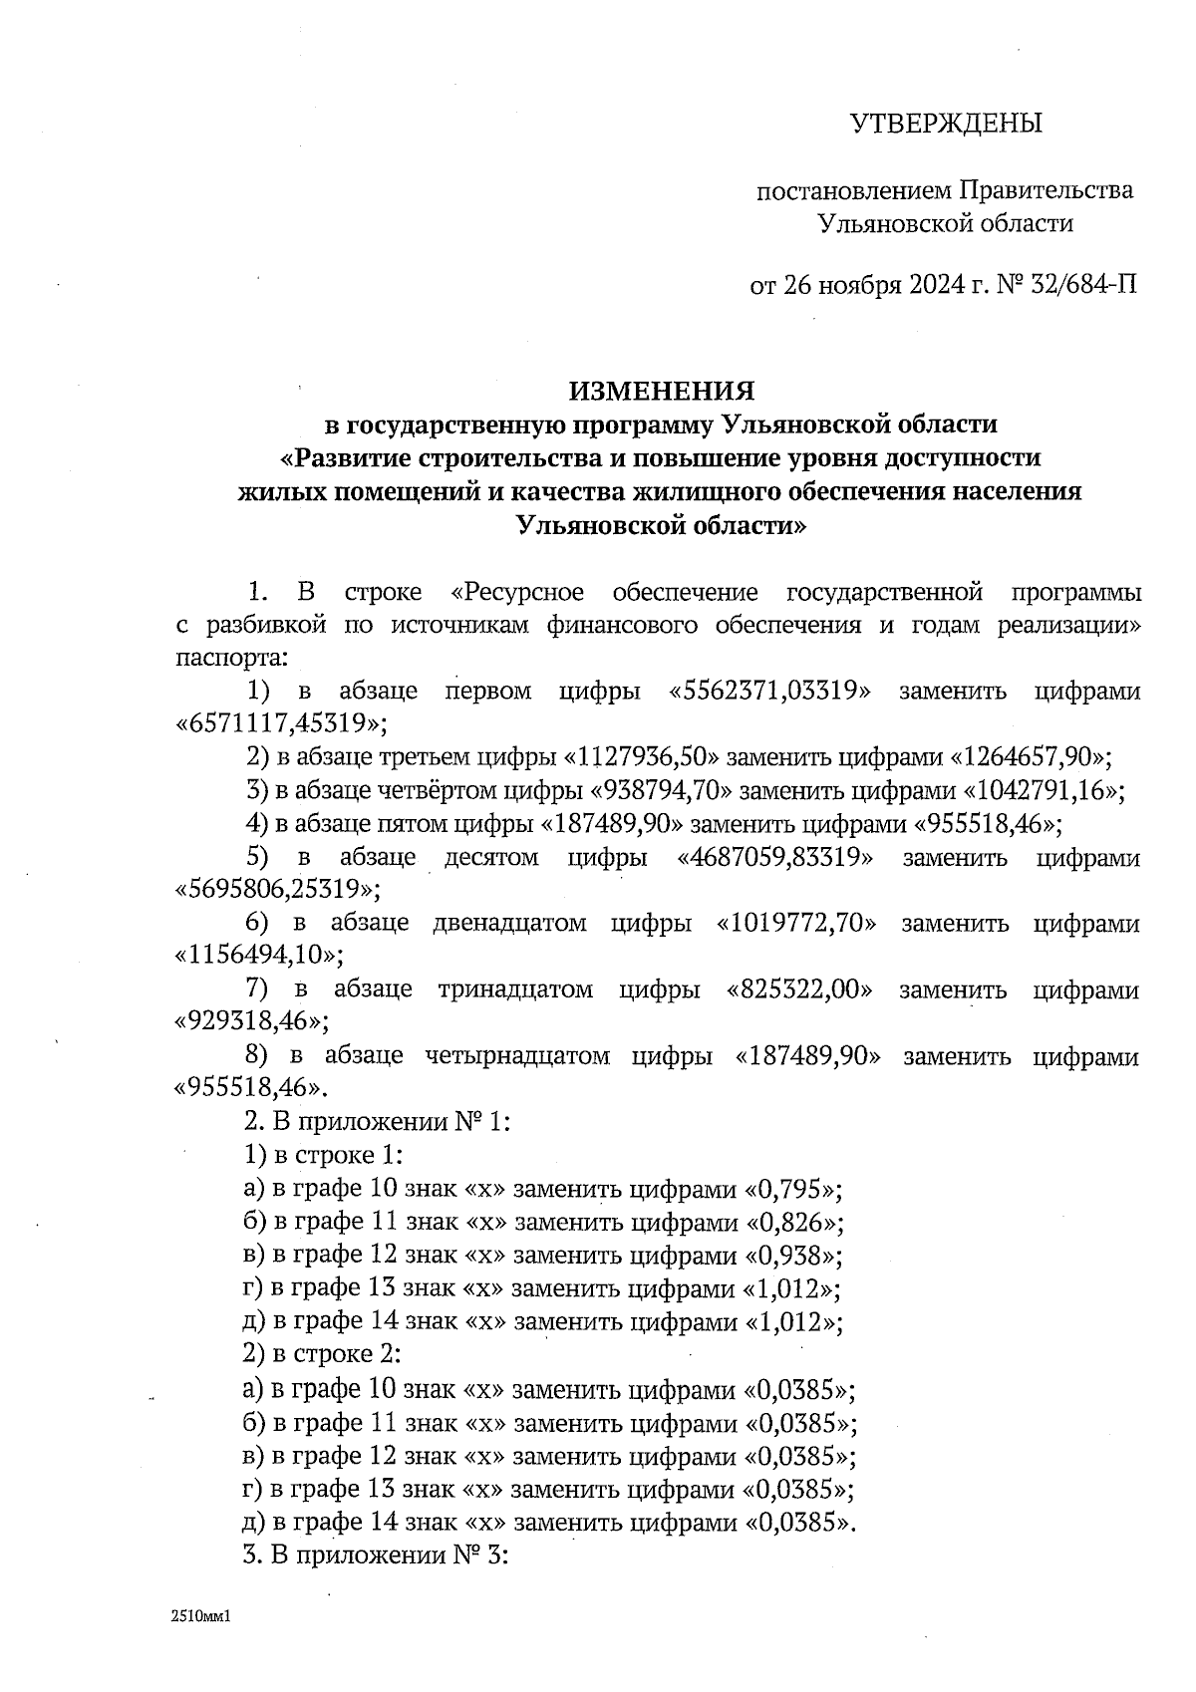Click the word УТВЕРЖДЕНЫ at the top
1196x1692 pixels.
945,124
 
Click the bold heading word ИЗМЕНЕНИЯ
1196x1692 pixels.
662,390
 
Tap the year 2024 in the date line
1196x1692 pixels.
936,286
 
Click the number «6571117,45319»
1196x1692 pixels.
281,722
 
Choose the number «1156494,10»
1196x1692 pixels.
258,956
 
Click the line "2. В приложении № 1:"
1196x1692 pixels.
377,1122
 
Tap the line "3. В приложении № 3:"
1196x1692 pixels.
377,1555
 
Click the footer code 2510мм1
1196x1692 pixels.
201,1617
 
